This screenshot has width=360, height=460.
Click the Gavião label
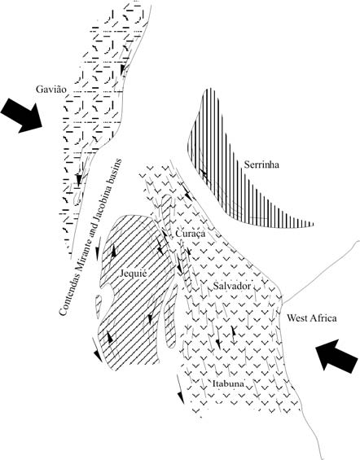pyautogui.click(x=51, y=90)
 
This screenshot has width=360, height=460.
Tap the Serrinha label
pyautogui.click(x=261, y=165)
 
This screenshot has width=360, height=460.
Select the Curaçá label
pyautogui.click(x=190, y=234)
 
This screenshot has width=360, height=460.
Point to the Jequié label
pyautogui.click(x=134, y=274)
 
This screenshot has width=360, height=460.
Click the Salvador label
pyautogui.click(x=232, y=286)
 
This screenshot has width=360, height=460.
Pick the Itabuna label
pyautogui.click(x=228, y=383)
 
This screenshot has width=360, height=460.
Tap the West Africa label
pyautogui.click(x=312, y=318)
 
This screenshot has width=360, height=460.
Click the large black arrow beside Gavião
pyautogui.click(x=21, y=116)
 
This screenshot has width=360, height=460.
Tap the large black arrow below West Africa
pyautogui.click(x=337, y=356)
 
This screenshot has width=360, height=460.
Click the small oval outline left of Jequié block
pyautogui.click(x=99, y=307)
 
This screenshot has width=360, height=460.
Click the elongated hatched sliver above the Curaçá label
pyautogui.click(x=166, y=213)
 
